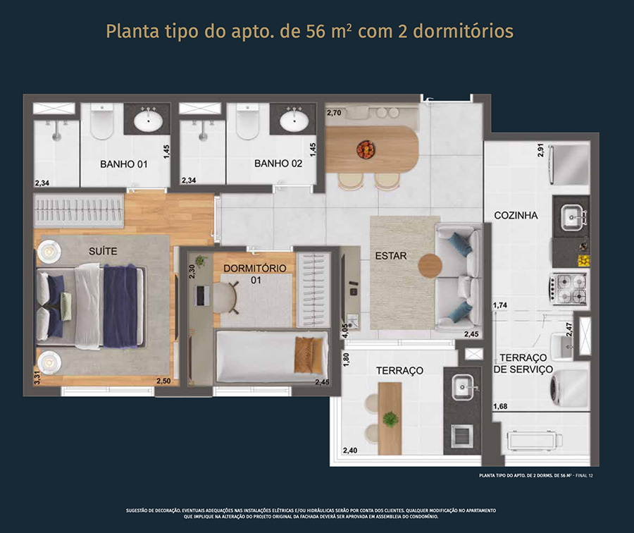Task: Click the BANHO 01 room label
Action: (124, 164)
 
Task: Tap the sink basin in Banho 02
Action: (294, 121)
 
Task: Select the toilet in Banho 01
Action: (102, 121)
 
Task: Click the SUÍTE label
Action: (103, 251)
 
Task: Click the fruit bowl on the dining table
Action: (366, 149)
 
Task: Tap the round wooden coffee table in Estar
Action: (430, 266)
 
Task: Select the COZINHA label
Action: (516, 215)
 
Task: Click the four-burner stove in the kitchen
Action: (568, 288)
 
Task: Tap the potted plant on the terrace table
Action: (390, 419)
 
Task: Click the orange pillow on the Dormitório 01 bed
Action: (309, 355)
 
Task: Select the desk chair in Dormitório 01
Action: (225, 298)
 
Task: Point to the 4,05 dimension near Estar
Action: (345, 330)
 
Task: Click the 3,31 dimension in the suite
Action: (37, 377)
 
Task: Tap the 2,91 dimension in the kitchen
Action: (540, 150)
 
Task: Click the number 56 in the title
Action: (316, 32)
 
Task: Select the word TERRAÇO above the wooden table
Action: (399, 370)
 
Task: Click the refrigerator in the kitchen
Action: (568, 164)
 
